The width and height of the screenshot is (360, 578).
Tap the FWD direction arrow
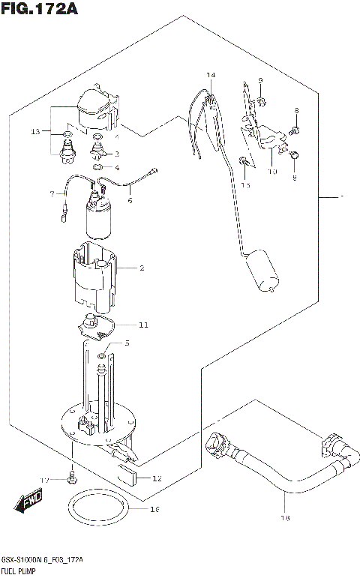click(x=30, y=501)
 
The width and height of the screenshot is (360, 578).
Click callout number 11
click(x=143, y=325)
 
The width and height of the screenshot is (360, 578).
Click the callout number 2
click(x=141, y=268)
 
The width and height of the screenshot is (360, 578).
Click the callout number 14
click(x=211, y=76)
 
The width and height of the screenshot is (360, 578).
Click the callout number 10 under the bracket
click(x=272, y=171)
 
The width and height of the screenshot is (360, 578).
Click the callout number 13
click(x=34, y=132)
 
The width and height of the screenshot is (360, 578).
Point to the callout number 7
click(x=53, y=193)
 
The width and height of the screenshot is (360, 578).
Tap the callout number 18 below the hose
click(x=285, y=517)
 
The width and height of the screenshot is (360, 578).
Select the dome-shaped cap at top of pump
click(x=96, y=105)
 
